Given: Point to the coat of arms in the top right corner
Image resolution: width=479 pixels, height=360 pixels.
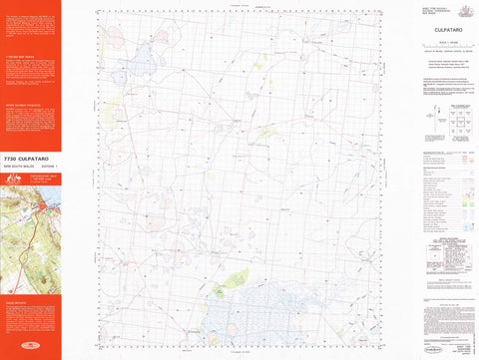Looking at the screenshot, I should (459, 9).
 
